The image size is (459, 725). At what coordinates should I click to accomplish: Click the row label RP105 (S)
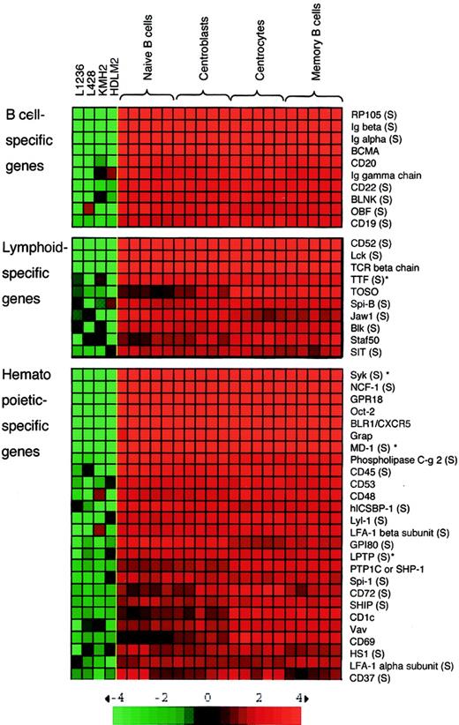[373, 115]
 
